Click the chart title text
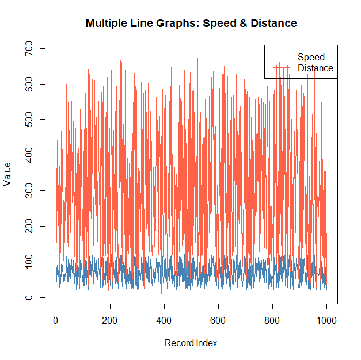pyautogui.click(x=191, y=24)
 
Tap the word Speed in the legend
pyautogui.click(x=311, y=57)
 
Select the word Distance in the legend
pyautogui.click(x=315, y=68)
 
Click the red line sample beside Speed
pyautogui.click(x=280, y=57)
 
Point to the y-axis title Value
pyautogui.click(x=7, y=174)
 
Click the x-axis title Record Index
pyautogui.click(x=191, y=343)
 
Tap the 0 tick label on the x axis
pyautogui.click(x=56, y=321)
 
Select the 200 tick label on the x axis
pyautogui.click(x=110, y=321)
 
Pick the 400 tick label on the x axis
pyautogui.click(x=164, y=321)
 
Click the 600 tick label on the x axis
pyautogui.click(x=218, y=321)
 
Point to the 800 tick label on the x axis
pyautogui.click(x=272, y=321)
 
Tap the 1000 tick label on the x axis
pyautogui.click(x=326, y=321)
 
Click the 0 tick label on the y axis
pyautogui.click(x=27, y=297)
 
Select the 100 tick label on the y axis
pyautogui.click(x=27, y=262)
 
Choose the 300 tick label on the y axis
pyautogui.click(x=27, y=190)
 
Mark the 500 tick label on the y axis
pyautogui.click(x=27, y=120)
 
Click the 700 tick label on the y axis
pyautogui.click(x=27, y=49)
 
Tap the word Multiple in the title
pyautogui.click(x=105, y=24)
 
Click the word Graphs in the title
pyautogui.click(x=177, y=24)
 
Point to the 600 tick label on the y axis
pyautogui.click(x=27, y=84)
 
